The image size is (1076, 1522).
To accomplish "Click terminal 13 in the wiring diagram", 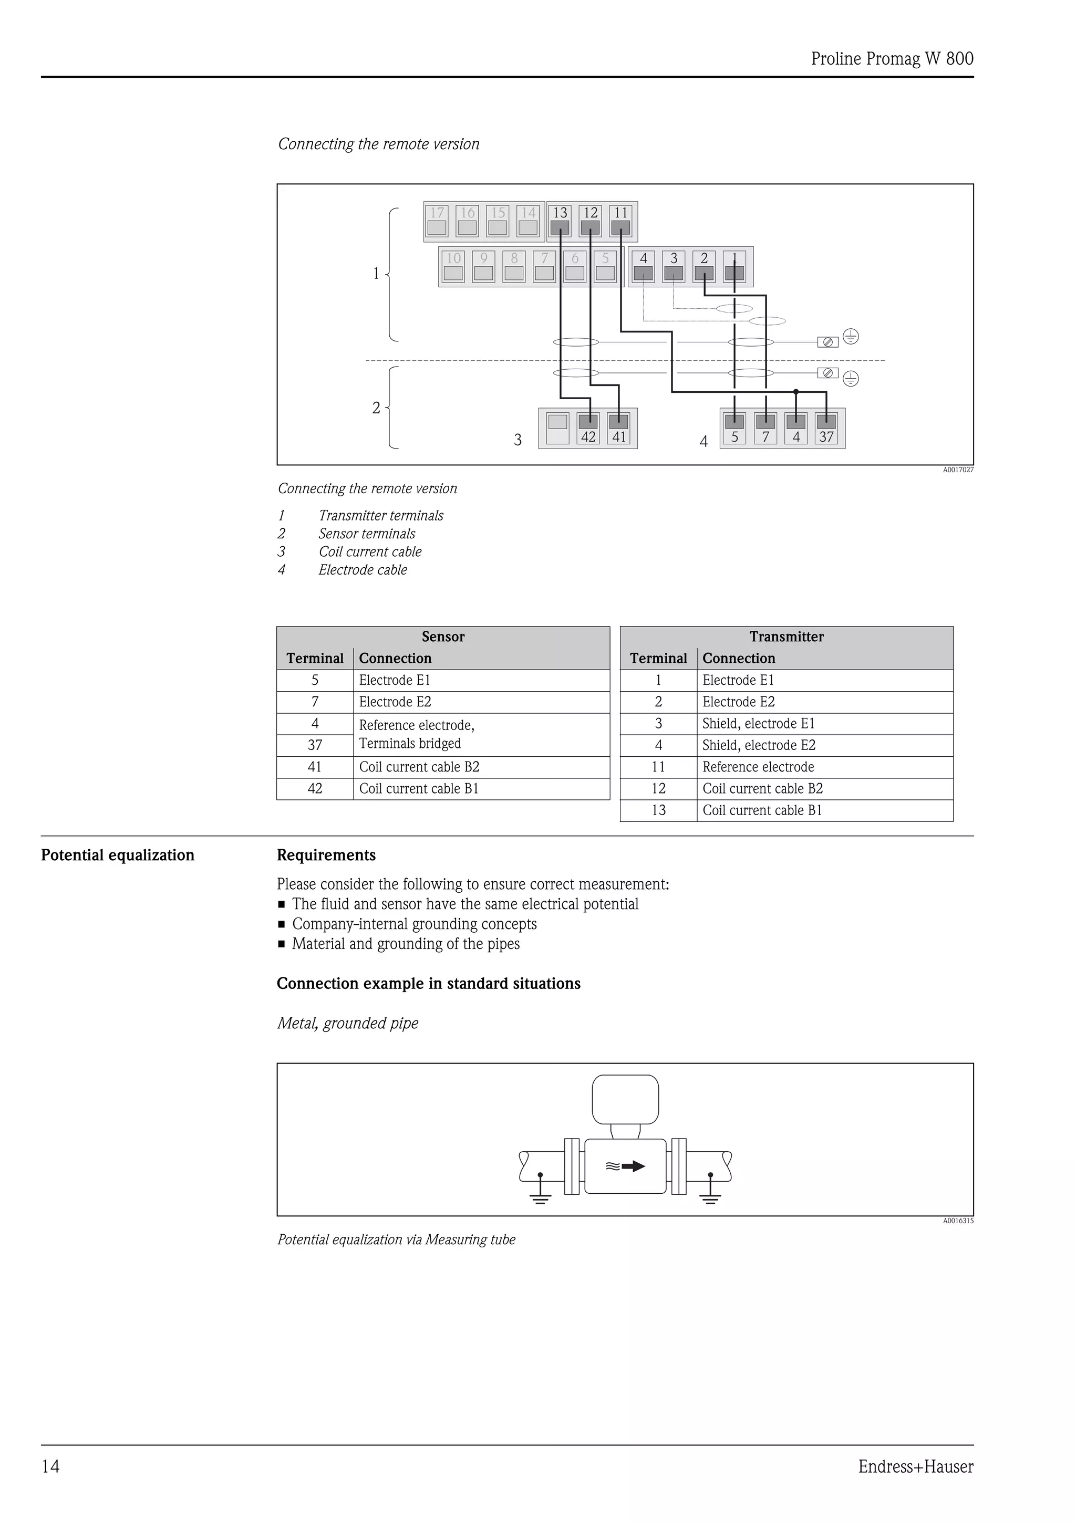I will pyautogui.click(x=560, y=221).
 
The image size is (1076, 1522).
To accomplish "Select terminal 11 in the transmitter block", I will pyautogui.click(x=620, y=221).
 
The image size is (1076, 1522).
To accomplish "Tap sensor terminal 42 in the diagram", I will pyautogui.click(x=588, y=428).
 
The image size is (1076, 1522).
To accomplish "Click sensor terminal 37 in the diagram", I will pyautogui.click(x=826, y=428).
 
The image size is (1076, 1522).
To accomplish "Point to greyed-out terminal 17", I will pyautogui.click(x=437, y=221).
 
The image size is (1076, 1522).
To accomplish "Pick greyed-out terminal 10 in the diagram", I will pyautogui.click(x=453, y=266).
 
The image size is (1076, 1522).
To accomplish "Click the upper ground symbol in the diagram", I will pyautogui.click(x=851, y=337).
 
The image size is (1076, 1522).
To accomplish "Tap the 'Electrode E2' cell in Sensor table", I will pyautogui.click(x=395, y=702).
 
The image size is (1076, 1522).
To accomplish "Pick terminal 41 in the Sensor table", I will pyautogui.click(x=315, y=767).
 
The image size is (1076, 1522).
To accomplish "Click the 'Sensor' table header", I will pyautogui.click(x=443, y=637).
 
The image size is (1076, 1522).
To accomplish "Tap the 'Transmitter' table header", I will pyautogui.click(x=787, y=637).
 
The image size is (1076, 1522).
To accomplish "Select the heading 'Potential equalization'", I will pyautogui.click(x=117, y=855).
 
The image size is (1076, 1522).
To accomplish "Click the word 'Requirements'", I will pyautogui.click(x=326, y=855).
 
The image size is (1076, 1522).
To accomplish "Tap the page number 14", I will pyautogui.click(x=50, y=1466).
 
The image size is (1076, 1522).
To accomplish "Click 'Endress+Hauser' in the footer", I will pyautogui.click(x=916, y=1466).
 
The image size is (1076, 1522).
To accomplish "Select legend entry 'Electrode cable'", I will pyautogui.click(x=363, y=570).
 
